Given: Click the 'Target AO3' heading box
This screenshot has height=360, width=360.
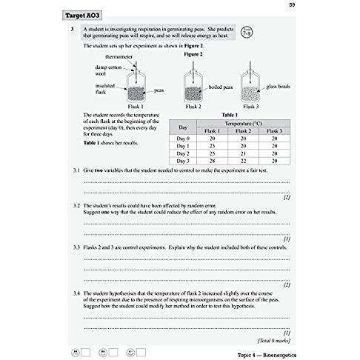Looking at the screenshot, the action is tap(82, 16).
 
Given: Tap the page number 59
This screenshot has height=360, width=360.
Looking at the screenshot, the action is tap(292, 4).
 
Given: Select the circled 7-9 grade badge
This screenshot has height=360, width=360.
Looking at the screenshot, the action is tap(247, 33).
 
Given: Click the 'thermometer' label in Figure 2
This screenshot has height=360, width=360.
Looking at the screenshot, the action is tap(119, 57).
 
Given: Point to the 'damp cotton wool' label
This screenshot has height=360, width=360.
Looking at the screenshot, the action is tap(108, 70).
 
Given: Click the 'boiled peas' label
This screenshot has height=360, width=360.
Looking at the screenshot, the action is tap(221, 87).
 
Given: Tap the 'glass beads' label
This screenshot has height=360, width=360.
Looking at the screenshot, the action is tap(278, 87).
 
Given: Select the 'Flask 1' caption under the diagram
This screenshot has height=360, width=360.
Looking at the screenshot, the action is tap(136, 107).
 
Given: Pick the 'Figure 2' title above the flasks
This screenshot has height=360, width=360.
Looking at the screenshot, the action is tap(193, 54).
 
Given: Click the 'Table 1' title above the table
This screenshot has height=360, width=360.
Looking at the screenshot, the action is tap(230, 115).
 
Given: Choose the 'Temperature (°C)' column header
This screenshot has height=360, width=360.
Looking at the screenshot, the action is tap(243, 124).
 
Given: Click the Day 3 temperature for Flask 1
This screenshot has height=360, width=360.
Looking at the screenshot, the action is tap(212, 161).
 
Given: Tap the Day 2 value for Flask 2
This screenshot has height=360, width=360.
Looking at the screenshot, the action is tap(243, 153).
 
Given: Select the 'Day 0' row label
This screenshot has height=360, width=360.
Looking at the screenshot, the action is tap(183, 139).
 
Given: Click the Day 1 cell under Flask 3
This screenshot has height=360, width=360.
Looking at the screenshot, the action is tap(274, 146).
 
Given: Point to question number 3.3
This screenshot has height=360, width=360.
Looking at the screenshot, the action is tap(76, 247).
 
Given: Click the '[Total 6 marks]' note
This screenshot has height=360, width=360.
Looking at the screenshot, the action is tap(274, 341).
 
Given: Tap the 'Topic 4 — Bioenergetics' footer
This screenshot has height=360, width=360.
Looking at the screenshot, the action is tap(267, 355).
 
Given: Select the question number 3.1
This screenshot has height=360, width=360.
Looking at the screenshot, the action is tap(76, 170).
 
